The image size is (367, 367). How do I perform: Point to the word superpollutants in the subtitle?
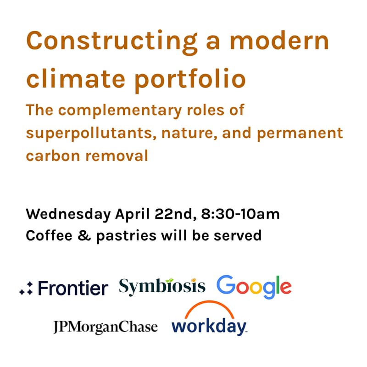point(85,133)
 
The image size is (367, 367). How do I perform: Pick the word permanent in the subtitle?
point(299,133)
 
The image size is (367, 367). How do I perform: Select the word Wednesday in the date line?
point(68,214)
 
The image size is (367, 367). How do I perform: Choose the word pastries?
point(117,235)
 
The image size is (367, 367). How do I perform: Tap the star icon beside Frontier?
point(26,289)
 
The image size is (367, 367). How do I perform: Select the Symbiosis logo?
point(162,286)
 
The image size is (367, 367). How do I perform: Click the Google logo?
point(254,286)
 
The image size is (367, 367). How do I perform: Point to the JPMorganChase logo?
point(105,327)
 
